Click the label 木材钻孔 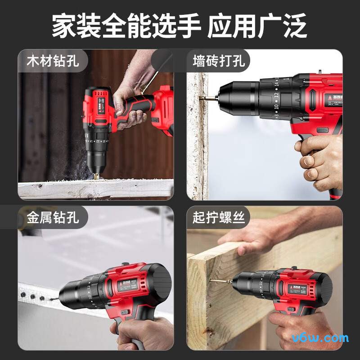53,61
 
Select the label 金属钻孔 53,218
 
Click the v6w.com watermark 320,338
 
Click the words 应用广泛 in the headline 257,26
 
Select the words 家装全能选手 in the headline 126,26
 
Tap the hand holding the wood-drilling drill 128,106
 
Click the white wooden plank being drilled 94,189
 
